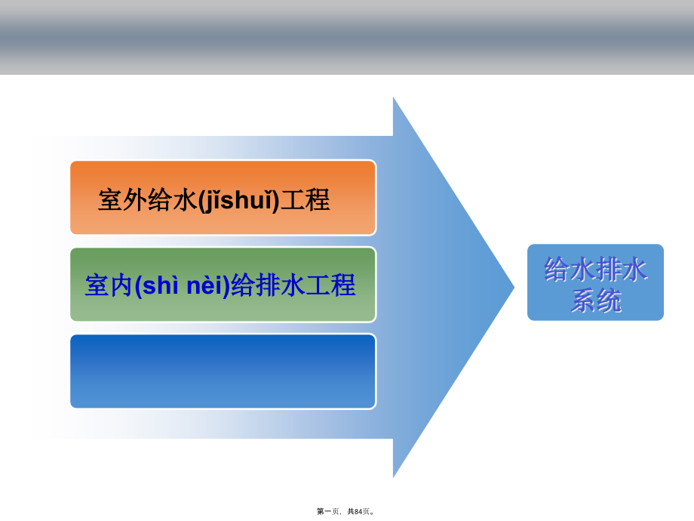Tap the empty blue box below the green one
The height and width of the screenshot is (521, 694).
(223, 371)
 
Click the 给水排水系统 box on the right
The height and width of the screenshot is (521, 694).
(595, 282)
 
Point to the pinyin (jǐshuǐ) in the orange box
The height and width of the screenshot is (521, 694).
(238, 200)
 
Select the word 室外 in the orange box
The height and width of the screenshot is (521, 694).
(121, 200)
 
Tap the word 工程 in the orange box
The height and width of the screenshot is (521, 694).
(305, 200)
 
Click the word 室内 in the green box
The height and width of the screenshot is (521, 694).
(109, 286)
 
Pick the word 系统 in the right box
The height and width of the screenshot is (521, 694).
(595, 301)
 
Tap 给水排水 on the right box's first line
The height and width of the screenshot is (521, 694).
(595, 270)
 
